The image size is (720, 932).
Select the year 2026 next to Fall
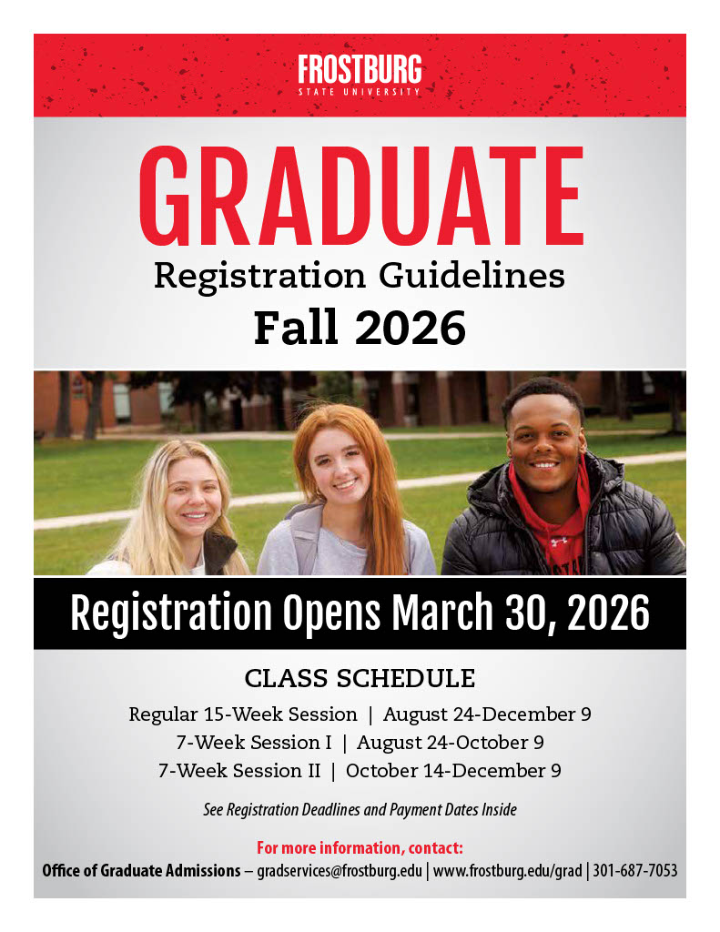click(411, 328)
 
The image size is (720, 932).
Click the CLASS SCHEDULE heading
click(360, 679)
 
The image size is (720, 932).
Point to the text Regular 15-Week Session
click(243, 714)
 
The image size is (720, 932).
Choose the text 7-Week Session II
click(239, 771)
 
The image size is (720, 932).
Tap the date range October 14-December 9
click(453, 771)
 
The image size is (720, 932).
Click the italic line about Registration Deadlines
click(360, 809)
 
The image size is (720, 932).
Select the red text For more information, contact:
click(360, 848)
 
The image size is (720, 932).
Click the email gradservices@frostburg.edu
click(340, 871)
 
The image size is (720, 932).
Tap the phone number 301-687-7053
click(635, 871)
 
